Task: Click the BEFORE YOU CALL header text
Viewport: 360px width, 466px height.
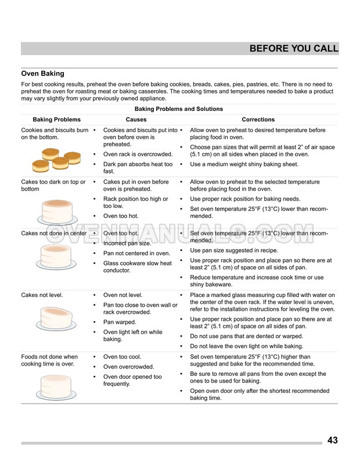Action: click(x=293, y=49)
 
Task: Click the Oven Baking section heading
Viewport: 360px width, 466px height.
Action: click(x=42, y=74)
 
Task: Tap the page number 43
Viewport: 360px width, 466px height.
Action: click(x=332, y=440)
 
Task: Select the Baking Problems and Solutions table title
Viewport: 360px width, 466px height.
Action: click(x=178, y=109)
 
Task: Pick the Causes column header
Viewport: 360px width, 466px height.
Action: click(x=136, y=120)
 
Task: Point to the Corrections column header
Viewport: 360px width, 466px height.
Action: click(x=258, y=120)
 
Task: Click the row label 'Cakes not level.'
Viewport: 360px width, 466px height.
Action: click(x=42, y=295)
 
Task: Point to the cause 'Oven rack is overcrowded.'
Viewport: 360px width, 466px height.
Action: click(x=138, y=154)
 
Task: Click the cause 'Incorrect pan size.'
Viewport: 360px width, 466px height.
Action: click(x=127, y=243)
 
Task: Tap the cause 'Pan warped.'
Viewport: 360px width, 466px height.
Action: click(x=120, y=322)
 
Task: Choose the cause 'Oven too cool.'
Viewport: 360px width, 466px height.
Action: click(x=123, y=357)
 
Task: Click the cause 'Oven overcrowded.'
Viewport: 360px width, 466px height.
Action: click(x=128, y=367)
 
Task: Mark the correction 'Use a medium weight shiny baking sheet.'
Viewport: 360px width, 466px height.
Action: click(x=244, y=164)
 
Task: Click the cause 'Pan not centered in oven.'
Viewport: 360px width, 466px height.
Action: click(x=136, y=253)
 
